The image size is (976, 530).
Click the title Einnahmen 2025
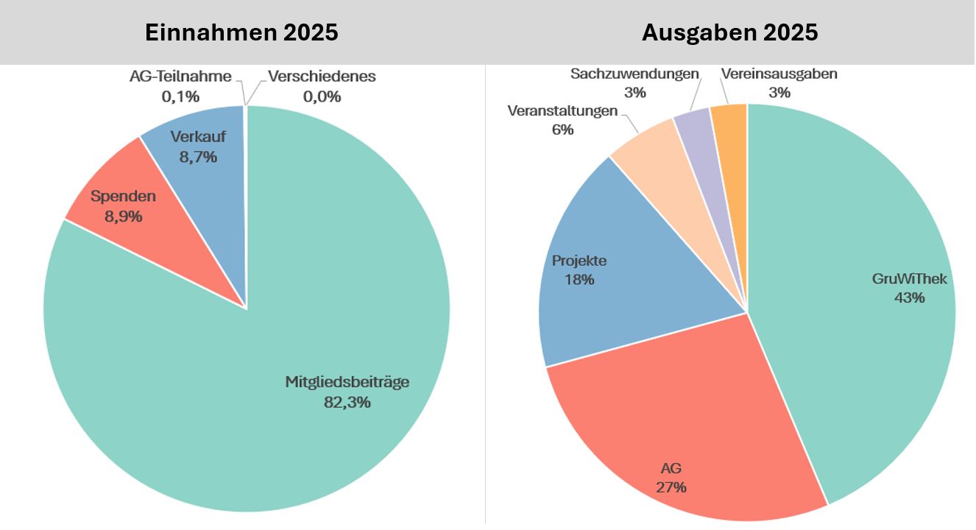241,33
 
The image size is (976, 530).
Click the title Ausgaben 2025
729,33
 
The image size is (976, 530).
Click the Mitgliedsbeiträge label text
347,382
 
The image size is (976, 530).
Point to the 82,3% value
347,402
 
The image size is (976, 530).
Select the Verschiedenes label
322,77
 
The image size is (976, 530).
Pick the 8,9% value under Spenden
124,216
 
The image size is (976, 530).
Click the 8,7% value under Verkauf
198,157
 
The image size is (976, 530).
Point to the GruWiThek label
909,279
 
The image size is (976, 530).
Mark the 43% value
909,298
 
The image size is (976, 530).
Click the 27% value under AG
672,487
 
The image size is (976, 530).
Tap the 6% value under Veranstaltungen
562,130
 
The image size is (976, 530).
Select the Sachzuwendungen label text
634,74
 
